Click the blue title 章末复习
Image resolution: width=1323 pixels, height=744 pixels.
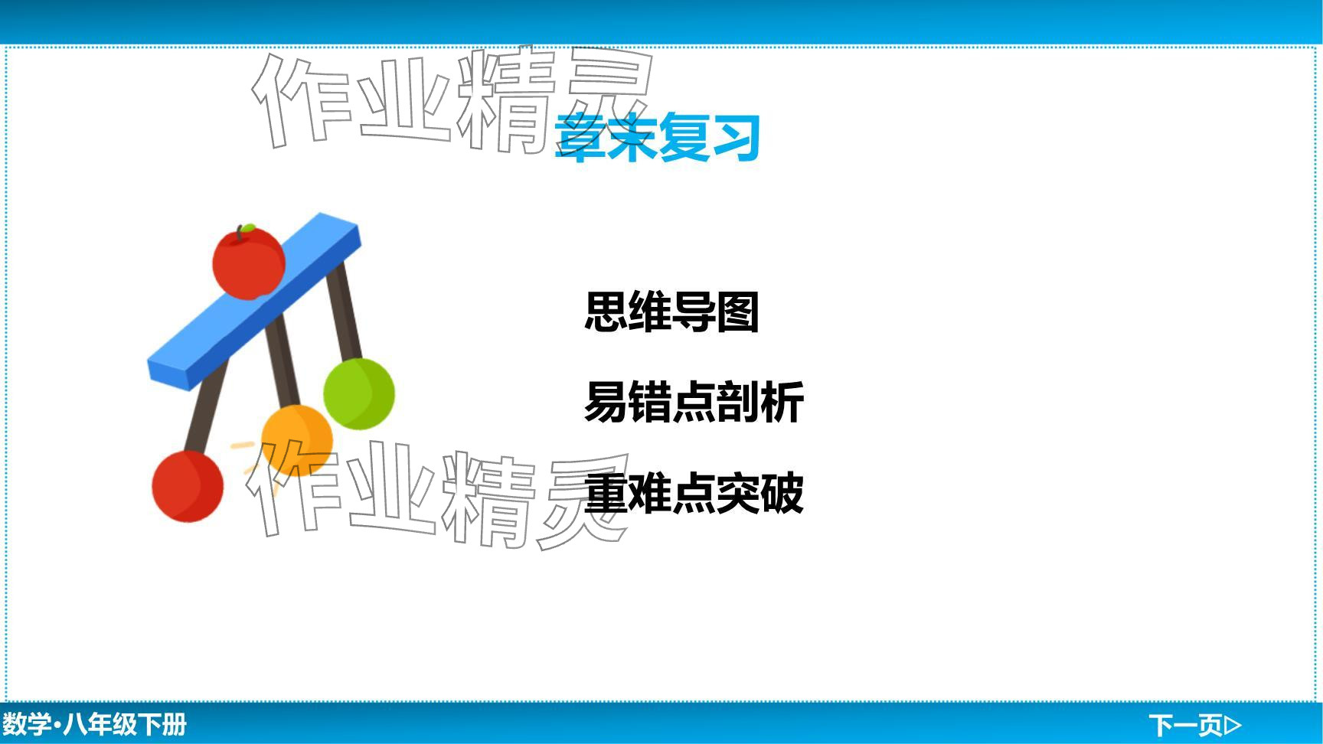point(657,138)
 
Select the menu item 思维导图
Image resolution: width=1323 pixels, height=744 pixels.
point(671,312)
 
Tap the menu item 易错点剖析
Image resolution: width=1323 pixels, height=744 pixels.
point(694,402)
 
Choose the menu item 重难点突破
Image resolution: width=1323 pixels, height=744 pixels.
point(694,492)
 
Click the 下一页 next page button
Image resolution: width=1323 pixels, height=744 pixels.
point(1194,724)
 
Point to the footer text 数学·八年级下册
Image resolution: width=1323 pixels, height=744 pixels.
point(94,724)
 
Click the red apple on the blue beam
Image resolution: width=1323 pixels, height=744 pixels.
point(248,263)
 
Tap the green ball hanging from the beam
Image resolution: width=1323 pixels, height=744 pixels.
point(358,393)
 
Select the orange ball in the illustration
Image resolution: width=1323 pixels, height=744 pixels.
point(297,440)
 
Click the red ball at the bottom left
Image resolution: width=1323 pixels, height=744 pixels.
point(188,487)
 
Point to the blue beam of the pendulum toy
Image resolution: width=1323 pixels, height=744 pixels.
point(253,302)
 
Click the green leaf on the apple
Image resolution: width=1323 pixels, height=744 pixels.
point(247,227)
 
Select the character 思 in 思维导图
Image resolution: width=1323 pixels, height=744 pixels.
point(606,312)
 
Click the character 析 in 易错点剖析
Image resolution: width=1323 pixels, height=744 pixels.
point(782,402)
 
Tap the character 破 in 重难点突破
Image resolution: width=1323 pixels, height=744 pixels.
point(782,492)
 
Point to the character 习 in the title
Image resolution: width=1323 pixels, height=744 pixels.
point(736,138)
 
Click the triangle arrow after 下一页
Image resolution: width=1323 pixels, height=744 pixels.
point(1233,724)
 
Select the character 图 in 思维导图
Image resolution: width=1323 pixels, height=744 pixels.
point(738,312)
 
